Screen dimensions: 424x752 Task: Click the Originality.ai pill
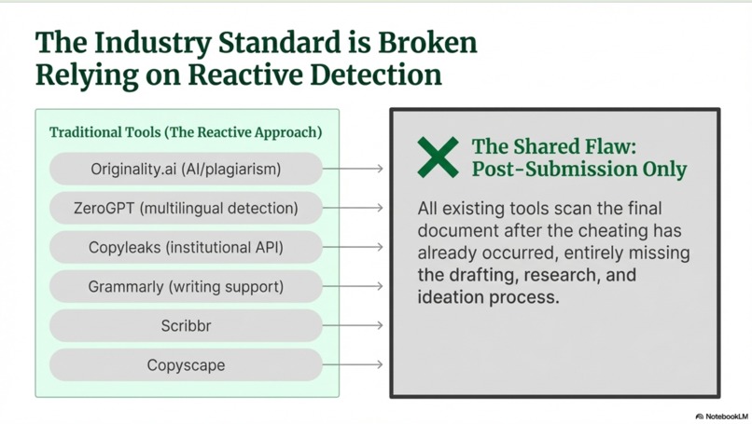[x=186, y=169]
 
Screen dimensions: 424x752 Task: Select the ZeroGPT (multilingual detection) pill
[x=186, y=208]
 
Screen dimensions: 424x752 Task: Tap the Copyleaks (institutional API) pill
[x=186, y=247]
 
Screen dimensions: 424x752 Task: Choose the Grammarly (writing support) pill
[x=186, y=286]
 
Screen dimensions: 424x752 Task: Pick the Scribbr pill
[x=186, y=325]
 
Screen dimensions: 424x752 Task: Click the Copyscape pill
[x=186, y=364]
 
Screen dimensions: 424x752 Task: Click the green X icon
[x=438, y=157]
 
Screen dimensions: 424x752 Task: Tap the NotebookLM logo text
[x=727, y=416]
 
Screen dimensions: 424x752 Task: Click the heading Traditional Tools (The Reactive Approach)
[x=186, y=132]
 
